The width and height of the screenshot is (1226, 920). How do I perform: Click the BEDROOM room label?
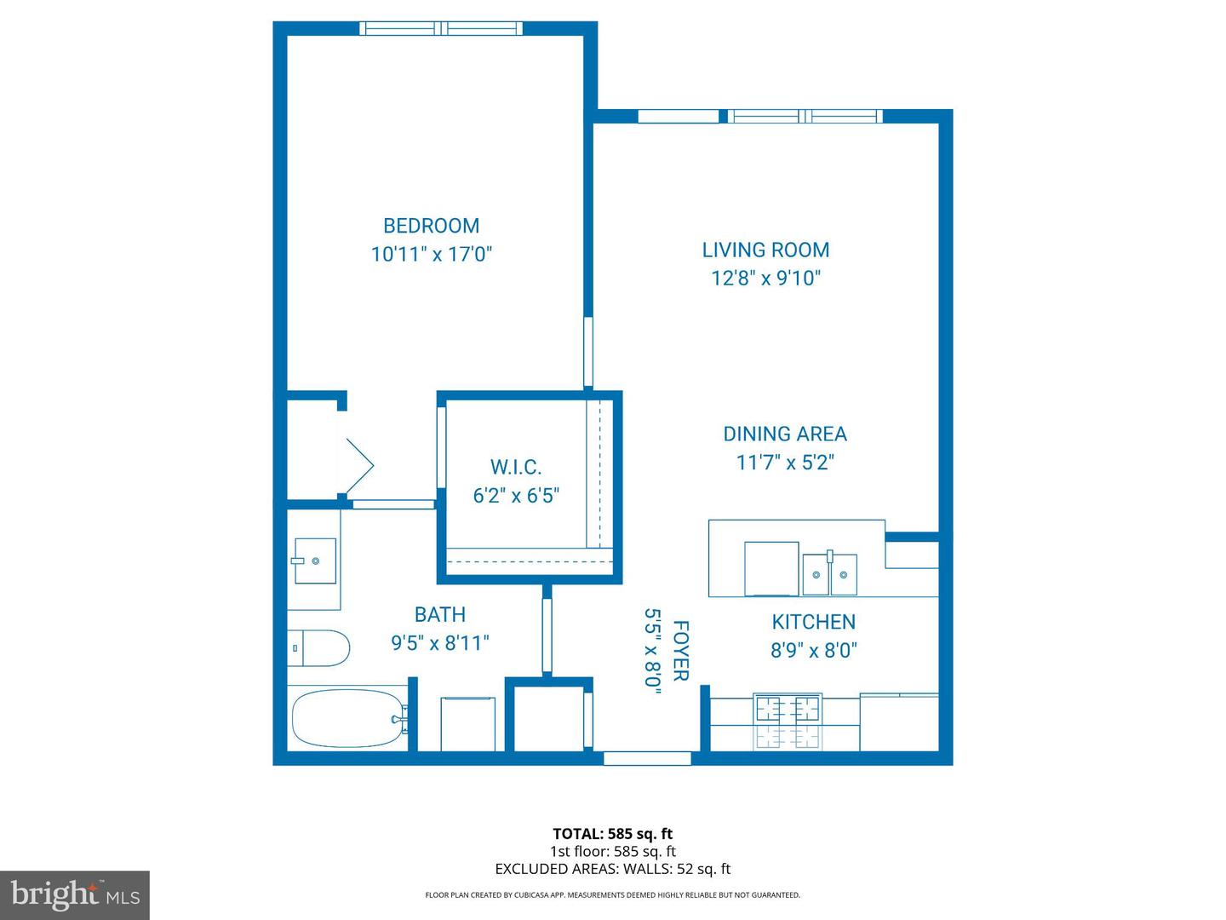click(431, 226)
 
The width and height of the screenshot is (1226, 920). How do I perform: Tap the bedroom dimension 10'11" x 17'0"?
click(432, 254)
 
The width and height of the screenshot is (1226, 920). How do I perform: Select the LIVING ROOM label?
click(765, 250)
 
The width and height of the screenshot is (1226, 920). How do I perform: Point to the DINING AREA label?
click(785, 434)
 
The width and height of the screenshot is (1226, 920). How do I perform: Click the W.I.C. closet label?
click(516, 467)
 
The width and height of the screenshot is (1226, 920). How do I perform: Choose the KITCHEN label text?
click(813, 622)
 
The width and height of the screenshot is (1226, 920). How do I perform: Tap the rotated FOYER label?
click(680, 651)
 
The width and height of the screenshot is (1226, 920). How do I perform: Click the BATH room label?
click(439, 614)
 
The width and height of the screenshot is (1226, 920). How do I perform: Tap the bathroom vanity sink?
click(315, 561)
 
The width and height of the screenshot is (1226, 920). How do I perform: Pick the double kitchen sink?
click(829, 574)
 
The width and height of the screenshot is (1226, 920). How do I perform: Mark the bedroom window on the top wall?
click(441, 29)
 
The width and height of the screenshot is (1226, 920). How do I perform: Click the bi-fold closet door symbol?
click(358, 465)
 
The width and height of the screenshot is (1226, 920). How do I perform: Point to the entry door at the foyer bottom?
click(647, 757)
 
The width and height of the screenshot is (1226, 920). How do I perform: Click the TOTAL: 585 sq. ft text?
click(612, 834)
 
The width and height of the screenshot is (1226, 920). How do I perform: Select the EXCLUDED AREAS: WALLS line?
click(612, 869)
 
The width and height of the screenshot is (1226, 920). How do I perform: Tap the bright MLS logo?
click(75, 894)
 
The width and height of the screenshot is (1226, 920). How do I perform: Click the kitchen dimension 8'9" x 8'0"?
click(813, 650)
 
